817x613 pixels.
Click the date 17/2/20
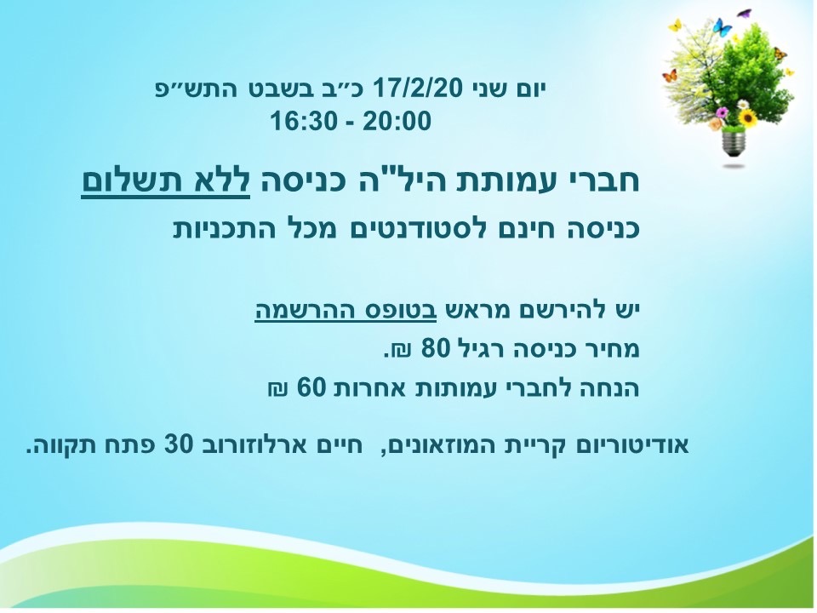click(417, 89)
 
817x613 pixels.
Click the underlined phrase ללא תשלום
click(166, 180)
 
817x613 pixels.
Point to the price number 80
click(435, 347)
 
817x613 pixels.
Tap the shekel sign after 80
click(401, 349)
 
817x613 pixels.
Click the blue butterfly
click(722, 27)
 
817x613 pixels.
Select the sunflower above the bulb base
click(748, 117)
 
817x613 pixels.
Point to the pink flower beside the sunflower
click(722, 112)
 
